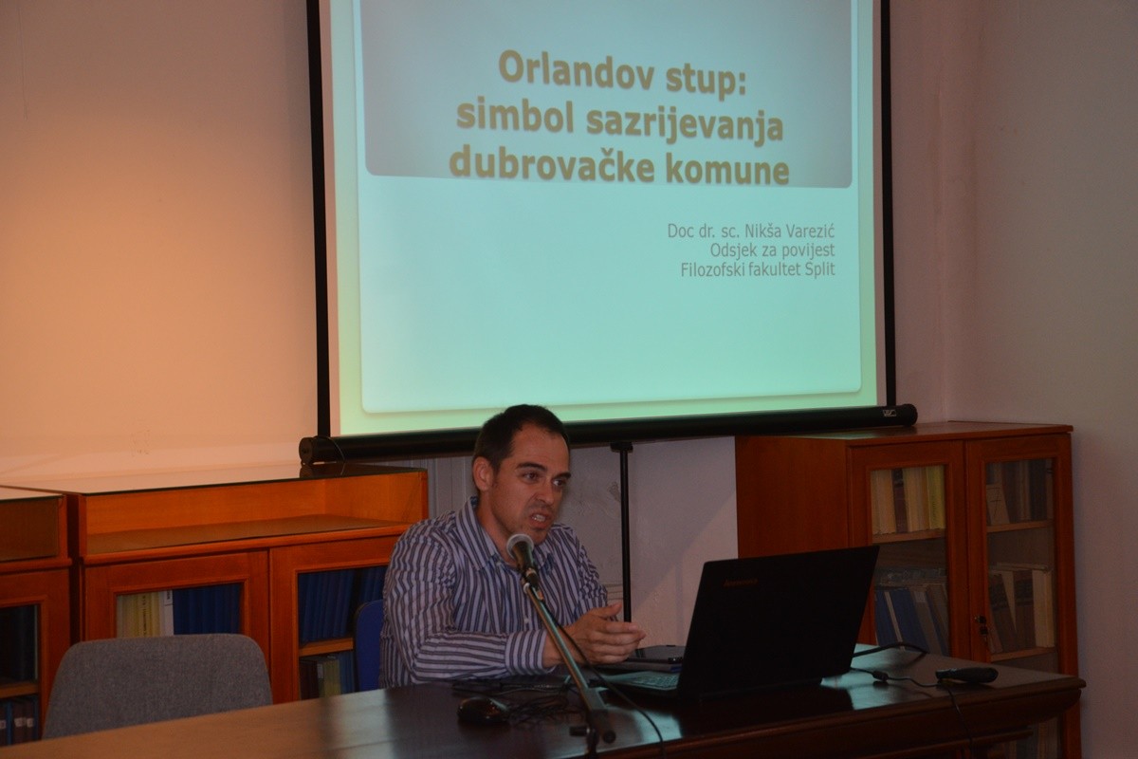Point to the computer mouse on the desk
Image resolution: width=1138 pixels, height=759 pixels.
[x=482, y=711]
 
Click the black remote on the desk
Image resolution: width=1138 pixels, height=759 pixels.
[x=966, y=676]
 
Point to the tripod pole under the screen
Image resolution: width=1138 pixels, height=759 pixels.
[x=626, y=528]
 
